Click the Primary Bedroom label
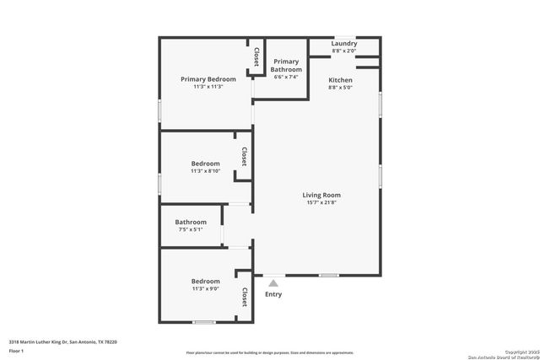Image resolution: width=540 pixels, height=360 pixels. click(208, 79)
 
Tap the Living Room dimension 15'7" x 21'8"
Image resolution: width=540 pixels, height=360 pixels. click(321, 203)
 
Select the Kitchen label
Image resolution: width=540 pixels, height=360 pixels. click(340, 79)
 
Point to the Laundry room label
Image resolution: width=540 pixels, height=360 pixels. click(343, 44)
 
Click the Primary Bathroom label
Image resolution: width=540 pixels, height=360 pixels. click(286, 65)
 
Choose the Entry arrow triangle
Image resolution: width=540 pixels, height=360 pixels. click(273, 284)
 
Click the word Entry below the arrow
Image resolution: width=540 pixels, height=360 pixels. click(273, 294)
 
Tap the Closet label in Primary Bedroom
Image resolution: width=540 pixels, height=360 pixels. click(256, 56)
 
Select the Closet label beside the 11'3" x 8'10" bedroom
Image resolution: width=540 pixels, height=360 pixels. click(243, 157)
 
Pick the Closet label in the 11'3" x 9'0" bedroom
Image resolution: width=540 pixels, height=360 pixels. click(244, 297)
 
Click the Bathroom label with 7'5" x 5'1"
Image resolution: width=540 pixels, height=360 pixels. click(191, 222)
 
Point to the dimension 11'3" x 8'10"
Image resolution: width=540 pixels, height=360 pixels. click(205, 171)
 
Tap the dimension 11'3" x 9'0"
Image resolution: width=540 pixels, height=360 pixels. click(205, 289)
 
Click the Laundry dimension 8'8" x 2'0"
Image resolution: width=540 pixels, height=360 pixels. click(343, 51)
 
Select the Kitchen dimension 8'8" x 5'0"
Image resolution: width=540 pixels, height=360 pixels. click(340, 87)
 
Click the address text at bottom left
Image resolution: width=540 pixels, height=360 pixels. click(62, 341)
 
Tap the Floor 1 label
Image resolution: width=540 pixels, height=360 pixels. click(17, 350)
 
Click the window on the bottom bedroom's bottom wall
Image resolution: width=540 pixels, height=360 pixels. click(203, 322)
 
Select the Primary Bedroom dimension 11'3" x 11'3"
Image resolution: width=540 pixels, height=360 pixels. click(208, 87)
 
